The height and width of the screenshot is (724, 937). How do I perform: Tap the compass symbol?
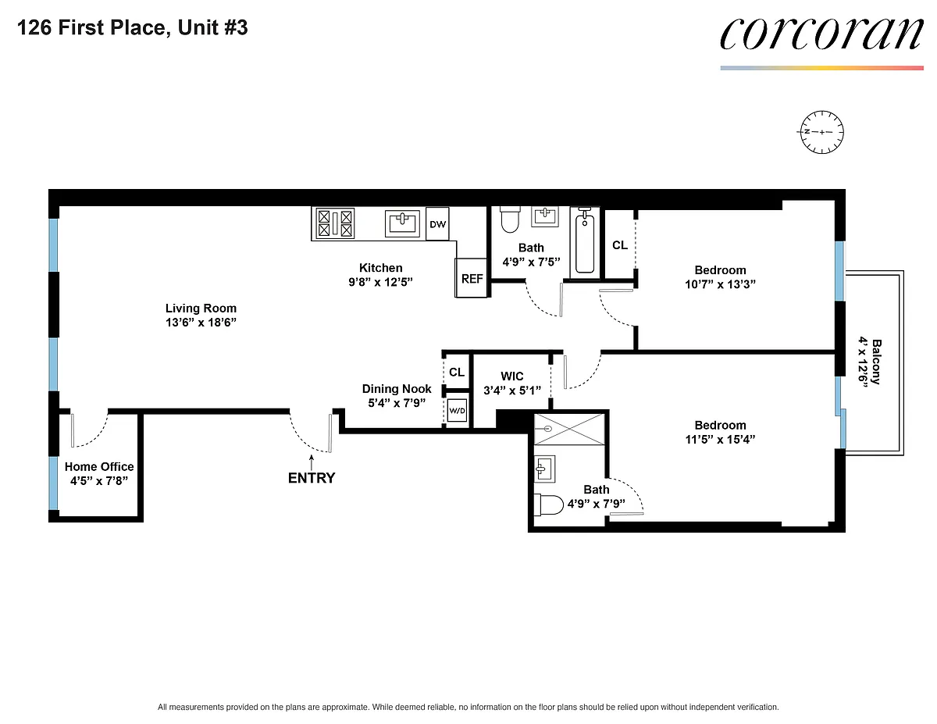(821, 132)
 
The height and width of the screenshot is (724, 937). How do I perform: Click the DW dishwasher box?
(437, 224)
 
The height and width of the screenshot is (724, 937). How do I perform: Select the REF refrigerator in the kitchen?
(472, 278)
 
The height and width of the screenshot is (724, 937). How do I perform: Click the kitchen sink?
(402, 223)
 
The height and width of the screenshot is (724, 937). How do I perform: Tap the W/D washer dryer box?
(457, 411)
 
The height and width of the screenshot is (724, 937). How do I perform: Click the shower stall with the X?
(569, 429)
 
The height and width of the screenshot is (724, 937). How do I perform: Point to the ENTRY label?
(312, 478)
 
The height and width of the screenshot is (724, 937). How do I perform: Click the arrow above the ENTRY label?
(312, 462)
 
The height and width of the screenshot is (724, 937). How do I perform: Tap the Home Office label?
(99, 466)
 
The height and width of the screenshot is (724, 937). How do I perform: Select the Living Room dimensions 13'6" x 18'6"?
(201, 322)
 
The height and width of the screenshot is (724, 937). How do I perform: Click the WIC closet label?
(511, 376)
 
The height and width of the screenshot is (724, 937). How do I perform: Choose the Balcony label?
(876, 362)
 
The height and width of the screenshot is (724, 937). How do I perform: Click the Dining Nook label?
(397, 388)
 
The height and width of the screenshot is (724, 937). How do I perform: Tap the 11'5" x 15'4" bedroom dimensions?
(720, 439)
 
